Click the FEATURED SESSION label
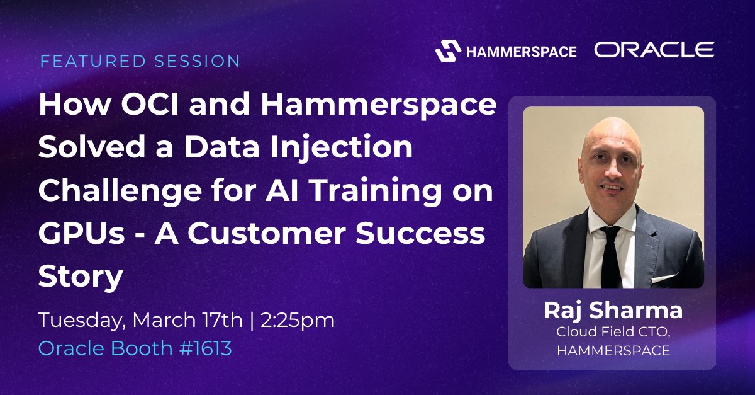pyautogui.click(x=140, y=61)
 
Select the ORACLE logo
pyautogui.click(x=654, y=50)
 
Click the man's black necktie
pyautogui.click(x=610, y=258)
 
